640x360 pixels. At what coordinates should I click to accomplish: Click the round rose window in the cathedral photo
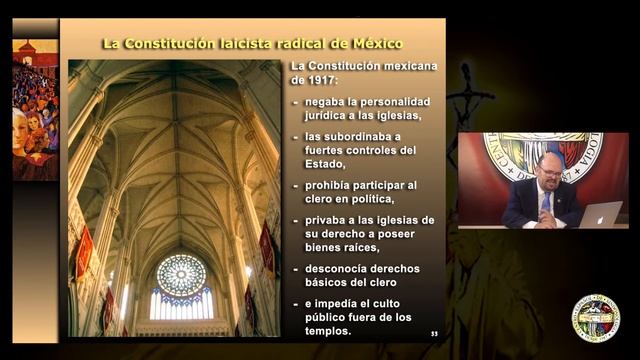(181, 274)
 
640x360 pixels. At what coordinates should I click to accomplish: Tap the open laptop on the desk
(600, 214)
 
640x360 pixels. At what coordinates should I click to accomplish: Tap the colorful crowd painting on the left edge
(34, 110)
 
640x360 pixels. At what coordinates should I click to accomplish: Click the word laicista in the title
(253, 43)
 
